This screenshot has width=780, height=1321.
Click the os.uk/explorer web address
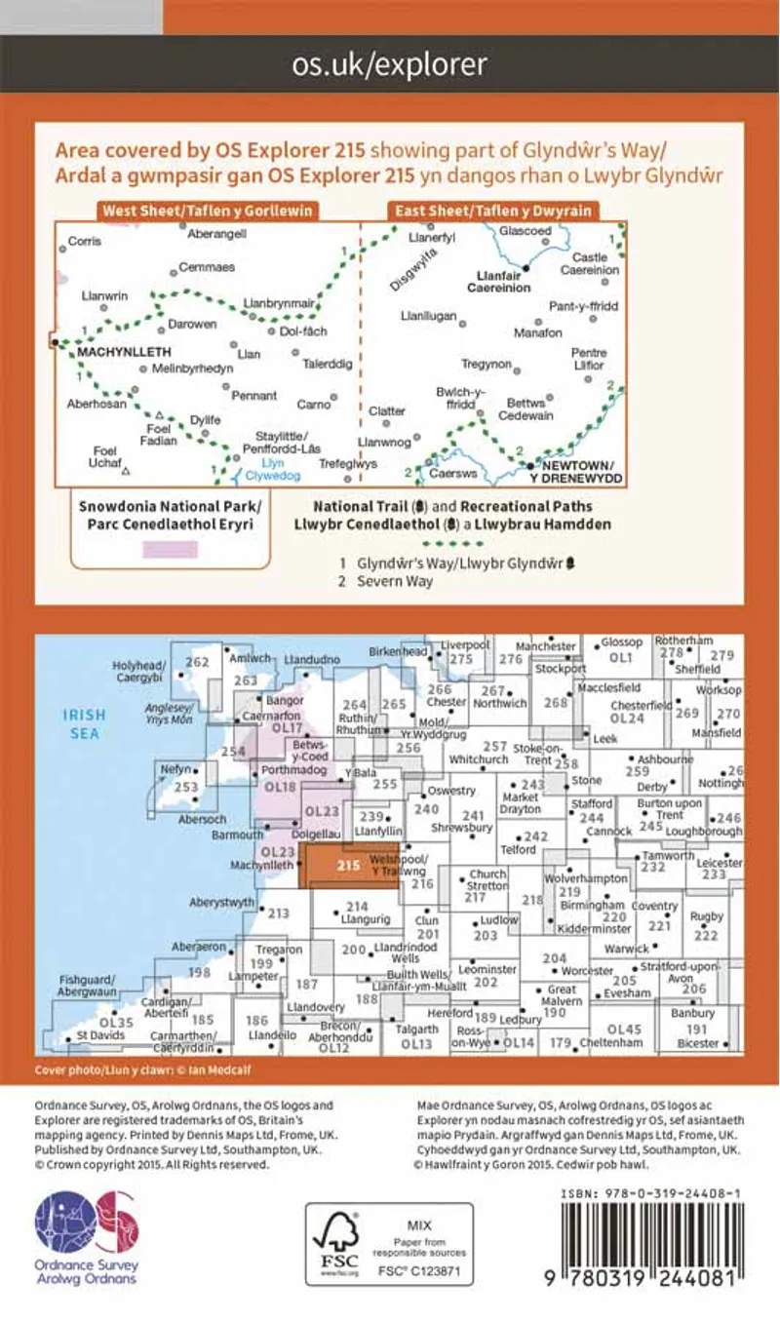pos(389,64)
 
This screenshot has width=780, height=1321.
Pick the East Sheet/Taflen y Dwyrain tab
pos(490,212)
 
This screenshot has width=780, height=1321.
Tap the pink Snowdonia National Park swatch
pos(170,550)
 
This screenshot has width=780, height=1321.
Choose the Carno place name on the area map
pos(315,403)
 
